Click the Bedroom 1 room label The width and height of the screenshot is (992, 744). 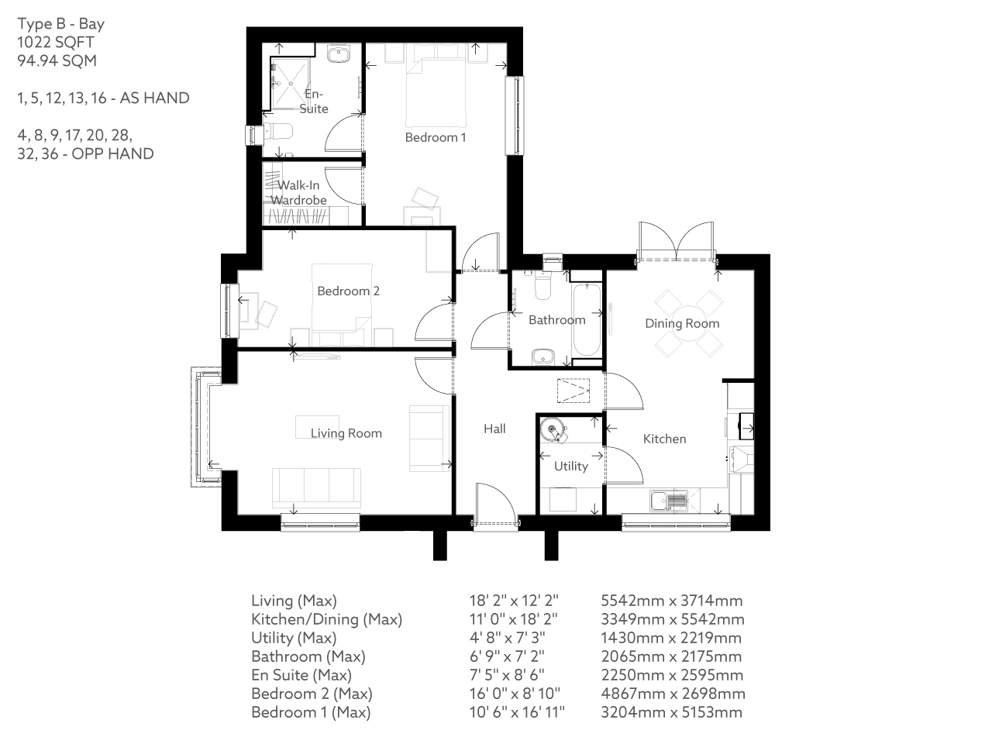[x=436, y=137]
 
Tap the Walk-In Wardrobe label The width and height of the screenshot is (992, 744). [x=298, y=193]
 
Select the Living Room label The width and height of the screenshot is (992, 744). [x=346, y=433]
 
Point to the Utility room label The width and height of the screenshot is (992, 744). [x=570, y=466]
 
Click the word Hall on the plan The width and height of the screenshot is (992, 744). [x=494, y=429]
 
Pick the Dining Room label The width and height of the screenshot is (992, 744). [x=682, y=323]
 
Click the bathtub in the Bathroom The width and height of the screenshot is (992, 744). [x=586, y=319]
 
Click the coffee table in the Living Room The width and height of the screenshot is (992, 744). [x=317, y=427]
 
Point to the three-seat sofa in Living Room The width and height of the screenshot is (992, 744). [x=316, y=487]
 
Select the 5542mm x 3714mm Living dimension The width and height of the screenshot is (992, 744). [x=672, y=601]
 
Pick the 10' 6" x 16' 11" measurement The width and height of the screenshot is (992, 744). [x=517, y=712]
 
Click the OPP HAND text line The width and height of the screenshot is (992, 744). [x=85, y=153]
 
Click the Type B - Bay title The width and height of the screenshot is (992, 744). [x=60, y=23]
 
